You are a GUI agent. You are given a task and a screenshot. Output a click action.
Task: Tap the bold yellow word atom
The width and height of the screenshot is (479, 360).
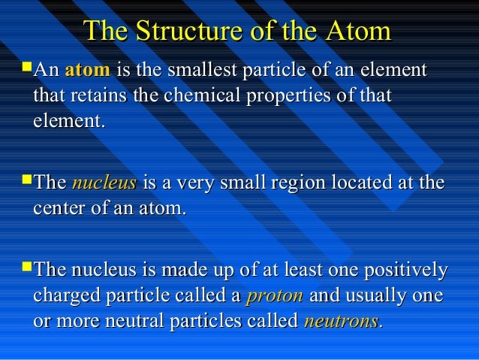pos(88,71)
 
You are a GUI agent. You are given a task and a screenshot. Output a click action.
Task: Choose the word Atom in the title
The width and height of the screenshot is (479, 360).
pos(359,32)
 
